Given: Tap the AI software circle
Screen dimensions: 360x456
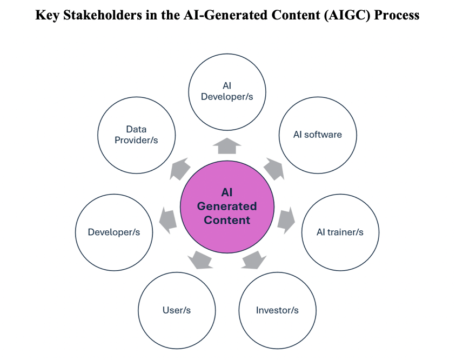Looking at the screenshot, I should click(x=317, y=135).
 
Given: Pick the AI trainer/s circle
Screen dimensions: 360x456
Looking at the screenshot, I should click(x=340, y=232).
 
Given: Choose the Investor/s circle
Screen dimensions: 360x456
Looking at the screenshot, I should click(x=277, y=310).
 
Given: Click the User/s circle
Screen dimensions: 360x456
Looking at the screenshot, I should click(x=177, y=310).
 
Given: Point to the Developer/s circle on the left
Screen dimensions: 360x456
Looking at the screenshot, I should click(x=114, y=232).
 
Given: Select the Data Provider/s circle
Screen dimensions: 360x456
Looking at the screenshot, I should click(x=137, y=135).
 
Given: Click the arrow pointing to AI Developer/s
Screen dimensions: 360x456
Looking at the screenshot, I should click(x=227, y=145).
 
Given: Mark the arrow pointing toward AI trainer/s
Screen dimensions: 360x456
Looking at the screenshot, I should click(x=286, y=219).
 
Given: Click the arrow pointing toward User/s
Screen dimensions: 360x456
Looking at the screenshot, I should click(x=199, y=260).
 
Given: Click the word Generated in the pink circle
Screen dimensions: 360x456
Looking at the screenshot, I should click(x=227, y=206).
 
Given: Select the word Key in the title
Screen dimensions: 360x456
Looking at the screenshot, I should click(x=46, y=15).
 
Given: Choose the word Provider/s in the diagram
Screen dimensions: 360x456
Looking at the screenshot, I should click(x=137, y=140).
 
